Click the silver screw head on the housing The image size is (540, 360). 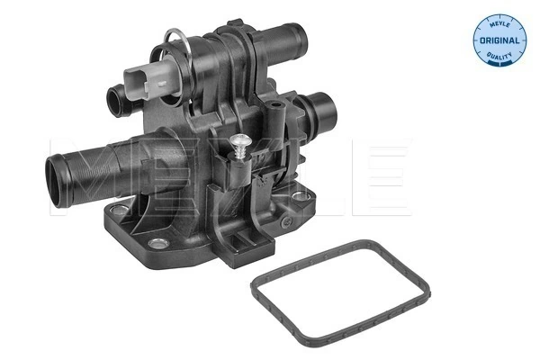241,140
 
